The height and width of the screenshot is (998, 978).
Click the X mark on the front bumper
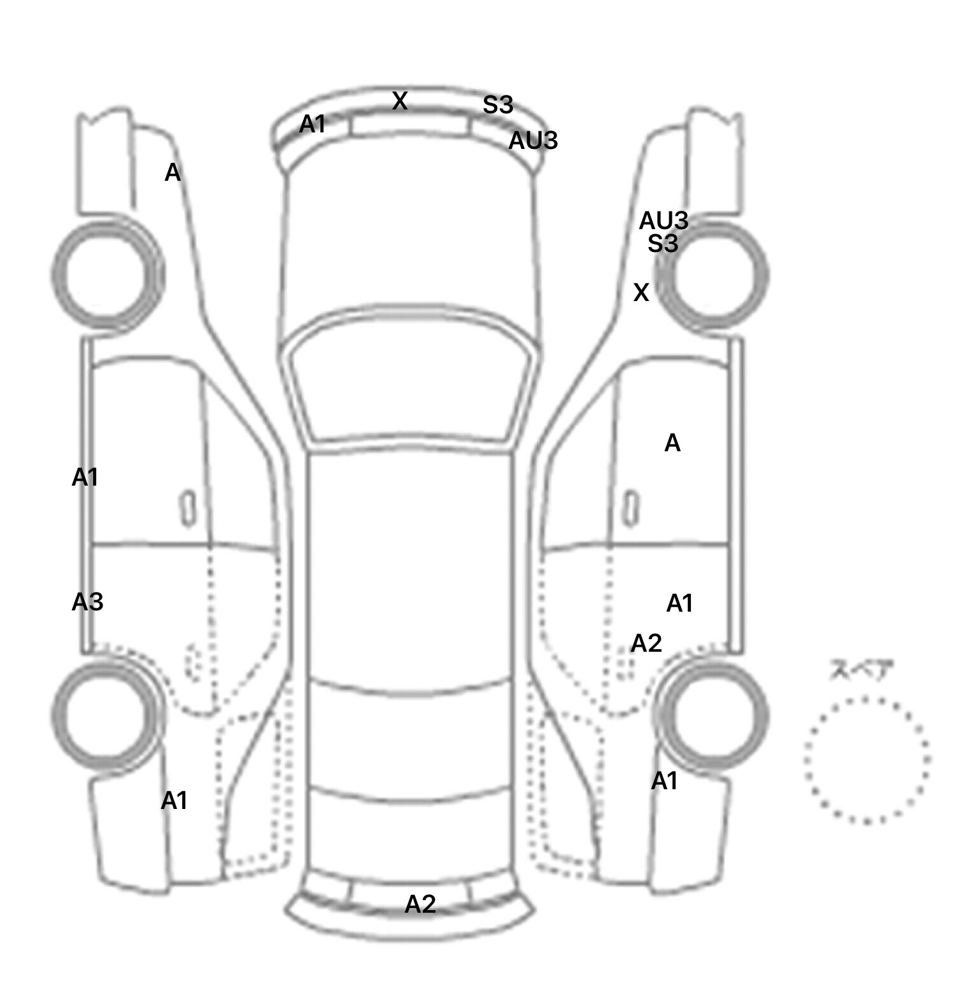399,101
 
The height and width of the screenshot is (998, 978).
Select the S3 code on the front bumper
497,105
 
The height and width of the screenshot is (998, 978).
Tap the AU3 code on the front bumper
533,141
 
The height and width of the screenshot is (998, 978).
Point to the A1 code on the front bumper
313,124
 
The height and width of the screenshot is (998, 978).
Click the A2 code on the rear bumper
420,904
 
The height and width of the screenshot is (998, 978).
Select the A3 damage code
87,601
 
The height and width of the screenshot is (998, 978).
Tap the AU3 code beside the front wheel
663,221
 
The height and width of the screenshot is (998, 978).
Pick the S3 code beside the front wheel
663,243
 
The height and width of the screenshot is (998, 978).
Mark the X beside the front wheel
641,292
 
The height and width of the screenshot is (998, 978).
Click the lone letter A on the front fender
173,172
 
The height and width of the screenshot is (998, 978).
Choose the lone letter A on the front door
672,443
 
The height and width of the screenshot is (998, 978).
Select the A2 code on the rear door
646,643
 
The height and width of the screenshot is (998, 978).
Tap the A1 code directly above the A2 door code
679,603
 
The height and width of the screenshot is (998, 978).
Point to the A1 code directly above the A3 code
85,477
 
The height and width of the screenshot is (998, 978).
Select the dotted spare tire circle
867,760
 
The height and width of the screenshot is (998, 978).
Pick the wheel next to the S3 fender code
712,276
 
